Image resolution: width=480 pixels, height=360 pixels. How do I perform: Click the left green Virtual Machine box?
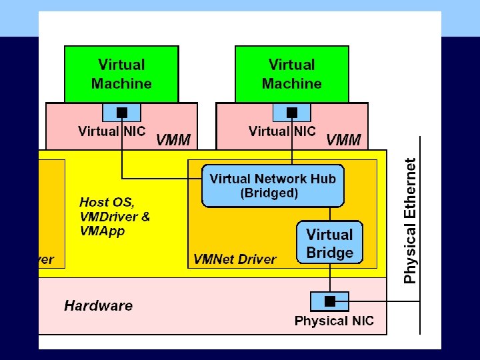click(x=121, y=73)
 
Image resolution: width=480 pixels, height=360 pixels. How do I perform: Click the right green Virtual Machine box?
click(x=292, y=73)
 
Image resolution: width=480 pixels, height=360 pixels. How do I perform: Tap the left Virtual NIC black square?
click(x=122, y=111)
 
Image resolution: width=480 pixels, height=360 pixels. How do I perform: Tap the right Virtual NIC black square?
click(x=292, y=111)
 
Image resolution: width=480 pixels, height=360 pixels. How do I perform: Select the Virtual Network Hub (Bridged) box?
click(x=273, y=185)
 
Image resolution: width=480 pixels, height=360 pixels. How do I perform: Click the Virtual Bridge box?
click(x=329, y=243)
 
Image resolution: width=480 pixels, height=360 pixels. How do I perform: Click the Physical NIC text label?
click(x=334, y=321)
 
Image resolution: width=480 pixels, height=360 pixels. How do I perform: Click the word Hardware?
click(x=98, y=306)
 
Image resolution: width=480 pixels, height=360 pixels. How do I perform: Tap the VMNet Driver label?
click(x=235, y=259)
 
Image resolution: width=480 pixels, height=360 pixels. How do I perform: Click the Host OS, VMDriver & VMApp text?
click(x=115, y=216)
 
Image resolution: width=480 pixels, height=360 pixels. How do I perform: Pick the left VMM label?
click(x=173, y=140)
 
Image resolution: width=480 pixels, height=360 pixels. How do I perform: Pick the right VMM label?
click(x=343, y=140)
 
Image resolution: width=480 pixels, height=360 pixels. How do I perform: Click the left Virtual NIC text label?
click(x=111, y=131)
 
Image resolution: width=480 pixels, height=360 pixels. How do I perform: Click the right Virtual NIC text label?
click(x=282, y=131)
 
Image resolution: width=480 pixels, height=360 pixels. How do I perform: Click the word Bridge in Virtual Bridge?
click(x=329, y=253)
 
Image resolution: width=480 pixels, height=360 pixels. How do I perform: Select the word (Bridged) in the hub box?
click(x=269, y=193)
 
